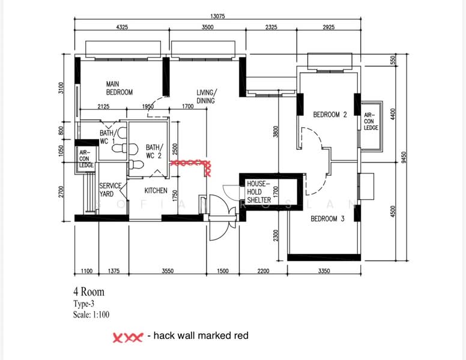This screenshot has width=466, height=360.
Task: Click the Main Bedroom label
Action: (120, 88)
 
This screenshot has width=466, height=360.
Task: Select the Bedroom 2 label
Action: (330, 115)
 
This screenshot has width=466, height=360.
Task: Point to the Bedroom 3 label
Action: (327, 219)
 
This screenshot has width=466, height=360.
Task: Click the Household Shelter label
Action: (259, 192)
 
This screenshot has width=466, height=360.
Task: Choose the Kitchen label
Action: (156, 190)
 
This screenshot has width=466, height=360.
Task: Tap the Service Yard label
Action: (110, 190)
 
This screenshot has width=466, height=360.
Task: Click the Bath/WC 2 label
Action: (154, 151)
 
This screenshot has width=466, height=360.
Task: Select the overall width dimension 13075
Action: (217, 16)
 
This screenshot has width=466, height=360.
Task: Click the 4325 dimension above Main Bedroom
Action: (122, 27)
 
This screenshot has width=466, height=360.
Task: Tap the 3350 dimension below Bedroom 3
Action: (324, 271)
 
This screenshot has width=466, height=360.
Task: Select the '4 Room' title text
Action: (89, 292)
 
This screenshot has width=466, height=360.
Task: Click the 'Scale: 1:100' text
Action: (91, 314)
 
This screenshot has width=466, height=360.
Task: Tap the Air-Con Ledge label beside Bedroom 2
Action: (371, 121)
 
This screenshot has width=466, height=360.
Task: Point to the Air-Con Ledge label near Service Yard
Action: (86, 159)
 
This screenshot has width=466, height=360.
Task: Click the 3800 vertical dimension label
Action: (276, 131)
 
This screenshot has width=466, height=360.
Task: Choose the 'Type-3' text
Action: (84, 304)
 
